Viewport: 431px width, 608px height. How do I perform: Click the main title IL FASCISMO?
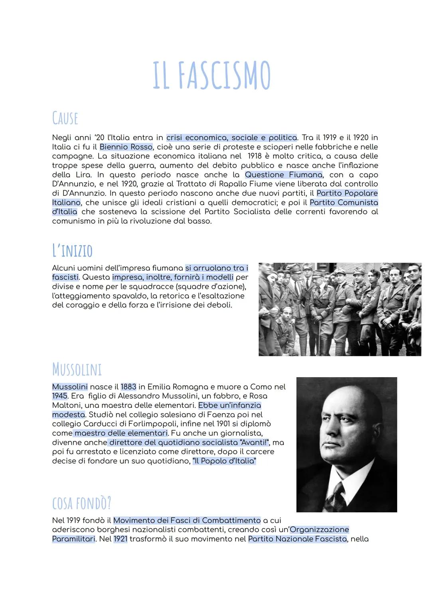pos(212,76)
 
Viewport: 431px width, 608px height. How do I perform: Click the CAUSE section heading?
pos(65,118)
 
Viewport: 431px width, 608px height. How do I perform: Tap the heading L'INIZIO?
pos(72,251)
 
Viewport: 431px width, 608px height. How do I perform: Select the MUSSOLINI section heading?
pos(77,369)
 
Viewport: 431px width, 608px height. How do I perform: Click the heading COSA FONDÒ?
pos(81,503)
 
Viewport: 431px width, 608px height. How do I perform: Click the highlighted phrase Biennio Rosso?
pos(126,147)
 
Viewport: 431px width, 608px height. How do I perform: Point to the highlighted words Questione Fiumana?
pos(283,175)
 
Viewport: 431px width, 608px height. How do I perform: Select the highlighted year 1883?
pos(129,387)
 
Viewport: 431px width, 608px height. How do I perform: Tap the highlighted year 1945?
pos(60,396)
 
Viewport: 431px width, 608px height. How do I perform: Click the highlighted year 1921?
pos(120,539)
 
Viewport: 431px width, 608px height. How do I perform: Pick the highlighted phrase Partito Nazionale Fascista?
pos(297,539)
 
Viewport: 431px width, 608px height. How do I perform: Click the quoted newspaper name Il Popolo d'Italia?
pos(224,461)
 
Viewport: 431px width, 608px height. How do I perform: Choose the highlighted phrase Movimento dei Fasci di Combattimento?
pos(187,520)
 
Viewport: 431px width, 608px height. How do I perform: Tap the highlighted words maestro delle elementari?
pos(121,433)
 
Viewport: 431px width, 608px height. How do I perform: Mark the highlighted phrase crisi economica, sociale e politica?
pos(231,138)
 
